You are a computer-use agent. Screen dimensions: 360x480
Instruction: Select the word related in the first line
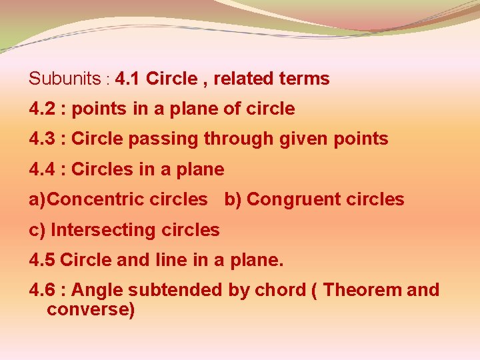click(245, 79)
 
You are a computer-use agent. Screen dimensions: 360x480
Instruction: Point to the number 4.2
click(41, 109)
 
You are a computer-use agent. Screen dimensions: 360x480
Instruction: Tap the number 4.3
click(41, 139)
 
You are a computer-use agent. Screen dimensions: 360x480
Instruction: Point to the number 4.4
click(41, 169)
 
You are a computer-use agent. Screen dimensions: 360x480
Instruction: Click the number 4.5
click(41, 260)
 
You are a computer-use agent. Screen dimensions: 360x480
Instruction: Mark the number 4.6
click(41, 290)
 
